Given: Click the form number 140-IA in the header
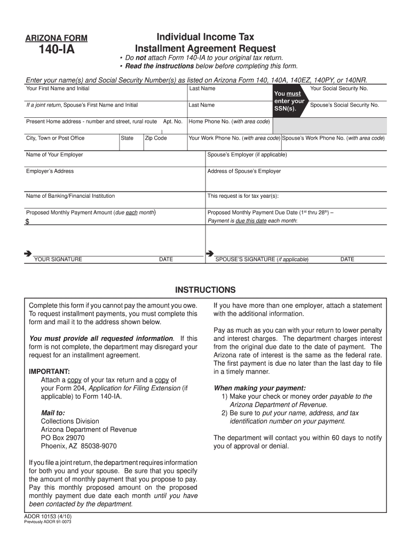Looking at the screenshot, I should point(56,51).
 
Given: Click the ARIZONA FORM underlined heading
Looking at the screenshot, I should point(56,38).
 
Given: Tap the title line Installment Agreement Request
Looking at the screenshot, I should point(205,49).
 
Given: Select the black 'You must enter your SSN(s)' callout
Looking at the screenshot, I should point(289,101).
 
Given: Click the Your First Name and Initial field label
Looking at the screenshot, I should point(58,89).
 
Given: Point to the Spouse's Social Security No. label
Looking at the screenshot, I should point(344,106).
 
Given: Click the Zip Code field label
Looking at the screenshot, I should point(156,138).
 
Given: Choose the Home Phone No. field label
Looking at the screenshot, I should point(229,122).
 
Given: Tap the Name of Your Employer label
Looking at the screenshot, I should point(54,155).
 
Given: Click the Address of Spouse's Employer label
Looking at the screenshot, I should point(244,171).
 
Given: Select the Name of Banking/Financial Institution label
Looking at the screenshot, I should point(70,196).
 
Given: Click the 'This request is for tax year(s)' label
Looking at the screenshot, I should point(243,196).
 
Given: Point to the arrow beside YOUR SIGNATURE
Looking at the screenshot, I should point(28,253).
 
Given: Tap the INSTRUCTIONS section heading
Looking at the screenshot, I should point(205,290).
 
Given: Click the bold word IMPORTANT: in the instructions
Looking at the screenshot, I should point(49,371).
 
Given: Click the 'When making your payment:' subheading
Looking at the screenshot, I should point(259,388).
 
